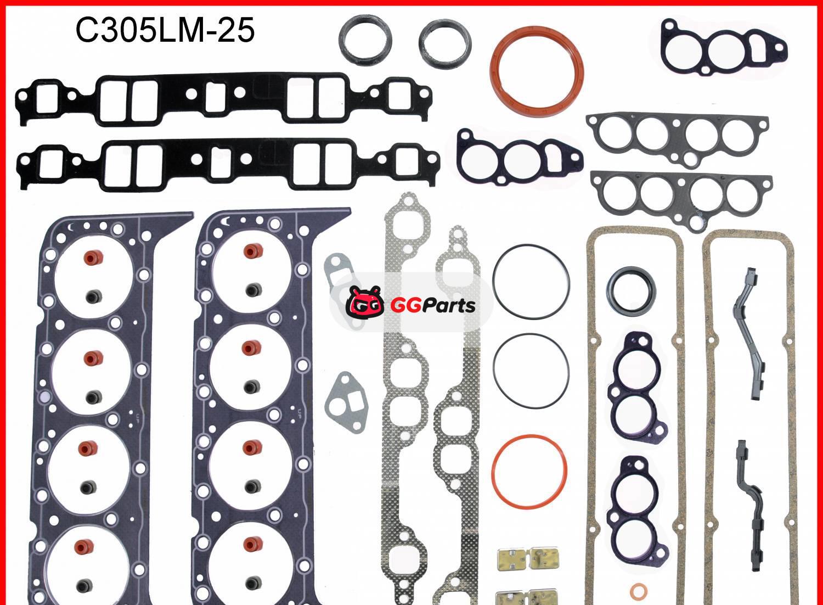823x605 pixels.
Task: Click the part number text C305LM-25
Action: (165, 30)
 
